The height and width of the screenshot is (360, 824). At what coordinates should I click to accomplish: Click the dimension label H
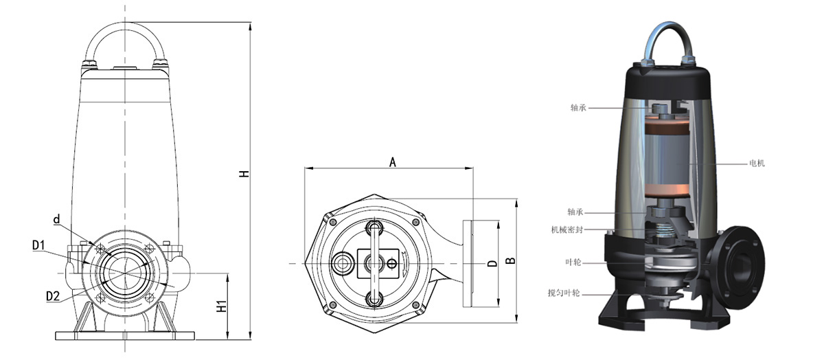point(244,174)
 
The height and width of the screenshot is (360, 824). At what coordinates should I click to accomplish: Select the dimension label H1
point(222,306)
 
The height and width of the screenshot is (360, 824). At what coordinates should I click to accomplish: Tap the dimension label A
point(393,162)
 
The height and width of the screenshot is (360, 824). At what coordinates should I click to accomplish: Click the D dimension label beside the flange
point(492,263)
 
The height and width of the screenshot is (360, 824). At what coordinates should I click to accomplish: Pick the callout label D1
point(38,245)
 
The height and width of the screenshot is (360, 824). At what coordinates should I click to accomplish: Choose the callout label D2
point(53,296)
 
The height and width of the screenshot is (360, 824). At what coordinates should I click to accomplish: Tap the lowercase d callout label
point(56,219)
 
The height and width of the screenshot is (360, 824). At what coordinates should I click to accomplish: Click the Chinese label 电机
point(757,163)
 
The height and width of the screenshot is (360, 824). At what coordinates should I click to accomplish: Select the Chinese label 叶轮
point(573,262)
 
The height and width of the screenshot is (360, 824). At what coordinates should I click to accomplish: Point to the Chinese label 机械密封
point(567,229)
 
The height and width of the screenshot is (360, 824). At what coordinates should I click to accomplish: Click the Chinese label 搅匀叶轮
point(564,293)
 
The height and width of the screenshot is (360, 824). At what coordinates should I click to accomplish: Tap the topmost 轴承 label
point(578,107)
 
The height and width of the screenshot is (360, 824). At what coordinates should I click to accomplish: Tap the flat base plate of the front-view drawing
point(125,335)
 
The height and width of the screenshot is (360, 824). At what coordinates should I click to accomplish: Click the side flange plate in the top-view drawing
point(468,264)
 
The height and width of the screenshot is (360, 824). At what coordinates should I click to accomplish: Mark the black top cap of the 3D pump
point(667,83)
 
